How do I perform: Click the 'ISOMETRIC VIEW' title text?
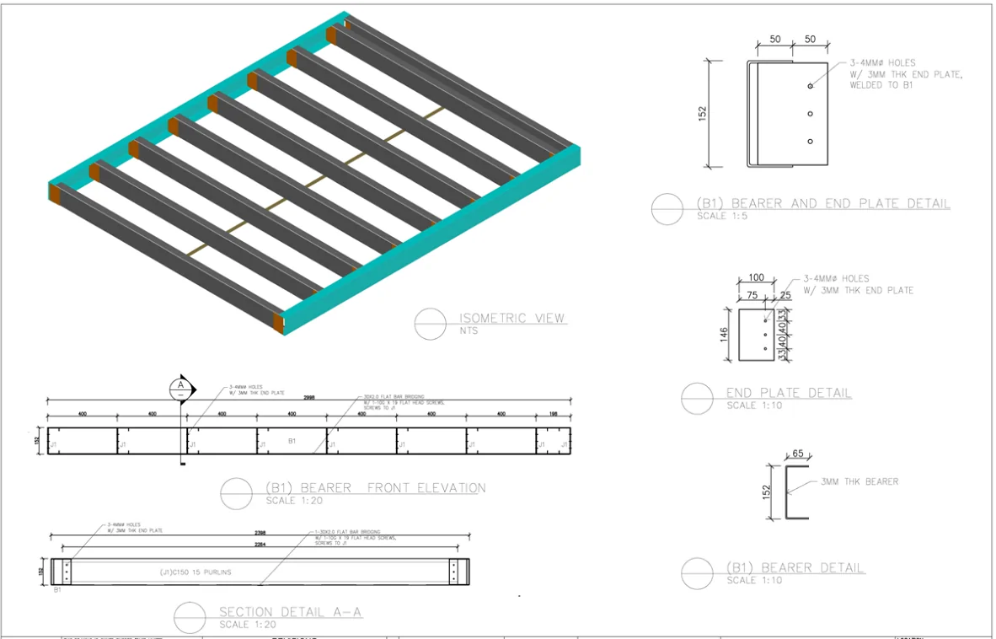[511, 319]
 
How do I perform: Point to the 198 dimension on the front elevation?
[553, 414]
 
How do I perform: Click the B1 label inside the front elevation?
[292, 441]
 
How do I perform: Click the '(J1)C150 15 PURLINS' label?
[195, 572]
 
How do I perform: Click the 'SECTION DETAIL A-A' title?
[290, 612]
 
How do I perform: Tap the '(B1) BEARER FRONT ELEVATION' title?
[375, 488]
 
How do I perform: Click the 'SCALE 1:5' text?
[722, 217]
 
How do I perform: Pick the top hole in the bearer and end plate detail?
[810, 86]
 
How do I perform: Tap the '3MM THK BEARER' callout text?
[859, 482]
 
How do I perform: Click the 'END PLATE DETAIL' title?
[789, 393]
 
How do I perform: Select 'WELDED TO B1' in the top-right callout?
[881, 85]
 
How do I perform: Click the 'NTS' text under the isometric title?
[469, 331]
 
